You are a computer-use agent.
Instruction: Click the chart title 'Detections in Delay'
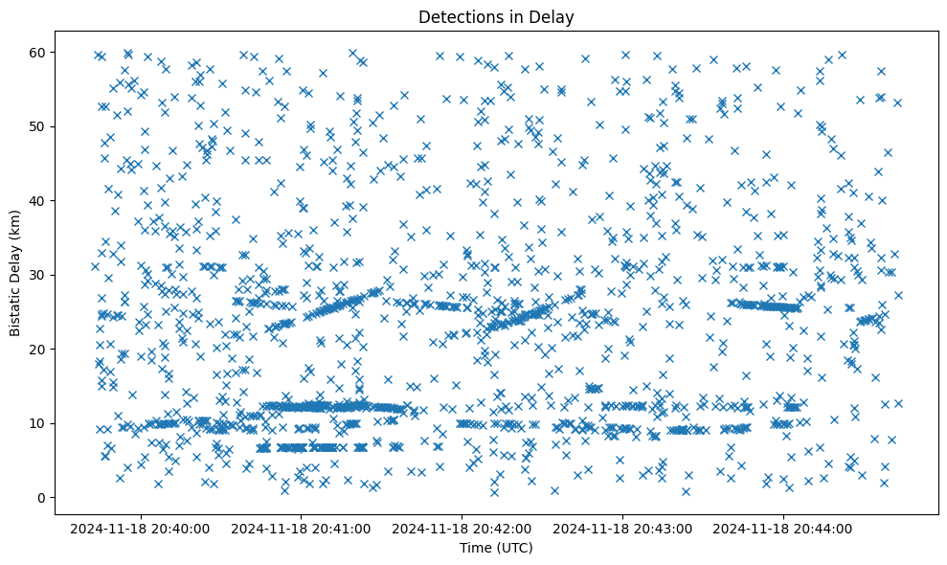pyautogui.click(x=496, y=16)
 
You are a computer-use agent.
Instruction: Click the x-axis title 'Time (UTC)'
pyautogui.click(x=496, y=549)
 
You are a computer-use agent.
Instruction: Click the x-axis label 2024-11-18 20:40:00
pyautogui.click(x=140, y=528)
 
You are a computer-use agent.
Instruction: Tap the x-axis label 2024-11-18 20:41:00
pyautogui.click(x=302, y=528)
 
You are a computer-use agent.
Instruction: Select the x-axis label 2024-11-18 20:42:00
pyautogui.click(x=462, y=528)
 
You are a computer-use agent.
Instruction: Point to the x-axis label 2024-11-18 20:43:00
pyautogui.click(x=623, y=528)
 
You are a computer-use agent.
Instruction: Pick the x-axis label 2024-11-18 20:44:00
pyautogui.click(x=784, y=528)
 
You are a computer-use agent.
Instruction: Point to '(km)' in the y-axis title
pyautogui.click(x=16, y=217)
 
